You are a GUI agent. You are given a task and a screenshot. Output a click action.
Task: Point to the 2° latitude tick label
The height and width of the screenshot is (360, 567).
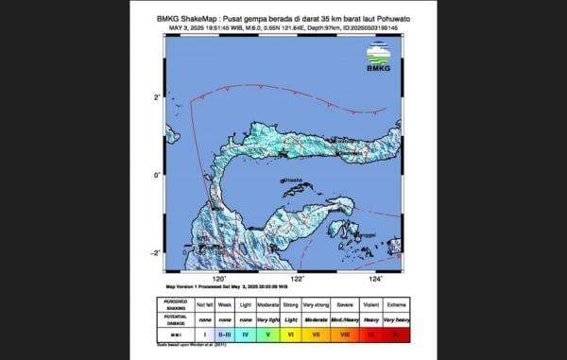click(157, 97)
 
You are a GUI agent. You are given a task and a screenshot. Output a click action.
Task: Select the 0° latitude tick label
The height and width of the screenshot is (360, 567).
click(157, 175)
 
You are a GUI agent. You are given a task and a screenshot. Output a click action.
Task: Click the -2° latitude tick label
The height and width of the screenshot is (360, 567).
click(155, 252)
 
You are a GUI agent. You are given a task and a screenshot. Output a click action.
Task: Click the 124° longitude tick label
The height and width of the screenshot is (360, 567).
click(375, 280)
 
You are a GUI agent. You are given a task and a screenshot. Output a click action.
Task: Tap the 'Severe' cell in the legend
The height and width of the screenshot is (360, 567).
click(345, 304)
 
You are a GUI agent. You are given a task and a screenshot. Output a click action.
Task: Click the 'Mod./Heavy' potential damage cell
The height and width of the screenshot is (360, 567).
click(345, 319)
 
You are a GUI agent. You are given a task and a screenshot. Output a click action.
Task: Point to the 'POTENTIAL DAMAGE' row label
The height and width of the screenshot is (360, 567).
click(174, 319)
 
